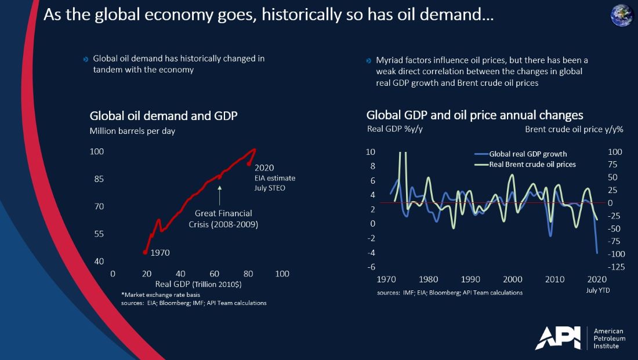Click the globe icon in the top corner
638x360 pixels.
(x=622, y=14)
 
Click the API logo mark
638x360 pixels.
(x=557, y=337)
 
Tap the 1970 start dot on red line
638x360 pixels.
(x=144, y=252)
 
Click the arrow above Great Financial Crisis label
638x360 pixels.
(x=219, y=190)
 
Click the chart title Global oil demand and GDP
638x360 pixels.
(x=164, y=115)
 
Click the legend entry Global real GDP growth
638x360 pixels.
(x=528, y=154)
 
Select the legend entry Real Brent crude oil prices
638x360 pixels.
(x=532, y=164)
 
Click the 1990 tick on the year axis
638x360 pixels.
(x=470, y=279)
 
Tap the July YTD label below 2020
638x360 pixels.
(x=599, y=290)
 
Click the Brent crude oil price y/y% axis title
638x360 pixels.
(x=574, y=129)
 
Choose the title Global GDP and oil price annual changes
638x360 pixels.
(x=474, y=115)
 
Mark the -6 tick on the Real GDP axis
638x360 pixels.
(x=369, y=267)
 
